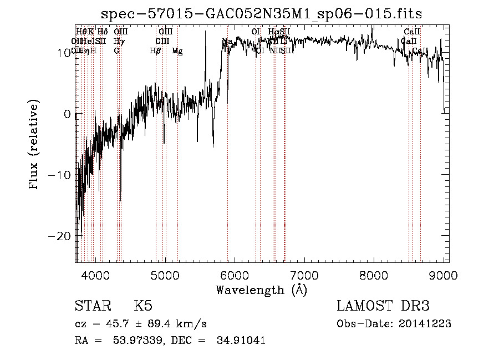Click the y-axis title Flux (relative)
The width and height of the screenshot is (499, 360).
[x=34, y=145]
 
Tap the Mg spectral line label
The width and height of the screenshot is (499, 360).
[x=177, y=51]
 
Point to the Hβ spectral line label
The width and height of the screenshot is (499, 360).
[x=156, y=51]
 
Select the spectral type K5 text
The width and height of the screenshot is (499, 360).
[x=143, y=307]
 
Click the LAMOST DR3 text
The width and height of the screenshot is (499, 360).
[x=383, y=307]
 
